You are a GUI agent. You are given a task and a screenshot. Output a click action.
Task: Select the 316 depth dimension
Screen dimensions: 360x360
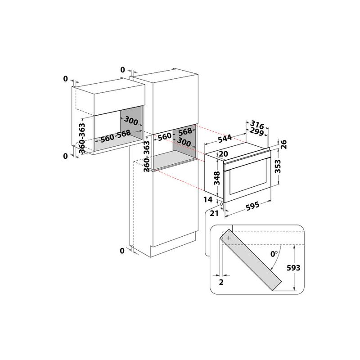click(256, 124)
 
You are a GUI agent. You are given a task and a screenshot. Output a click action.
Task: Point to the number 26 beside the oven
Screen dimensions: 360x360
click(283, 144)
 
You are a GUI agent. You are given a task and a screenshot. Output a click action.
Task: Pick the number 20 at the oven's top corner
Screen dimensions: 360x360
click(221, 154)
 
